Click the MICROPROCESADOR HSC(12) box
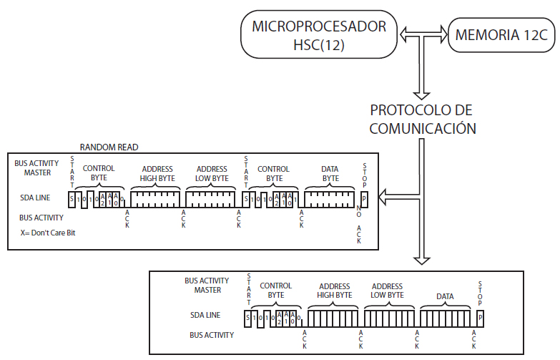(x=319, y=35)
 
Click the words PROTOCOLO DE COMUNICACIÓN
(x=423, y=120)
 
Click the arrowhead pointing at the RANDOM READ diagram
(x=385, y=195)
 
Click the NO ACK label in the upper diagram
(x=359, y=225)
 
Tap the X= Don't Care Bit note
(x=48, y=233)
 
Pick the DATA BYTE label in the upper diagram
(x=330, y=174)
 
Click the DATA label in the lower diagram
(x=445, y=296)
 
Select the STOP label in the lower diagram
(x=481, y=291)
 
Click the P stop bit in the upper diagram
(x=363, y=198)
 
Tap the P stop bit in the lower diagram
(x=480, y=316)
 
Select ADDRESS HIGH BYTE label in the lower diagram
(x=334, y=291)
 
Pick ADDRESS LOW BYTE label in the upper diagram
(x=212, y=174)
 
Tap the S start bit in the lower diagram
(x=247, y=316)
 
